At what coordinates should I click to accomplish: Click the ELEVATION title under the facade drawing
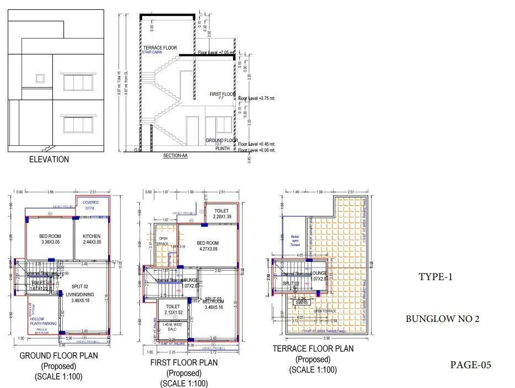click(x=49, y=160)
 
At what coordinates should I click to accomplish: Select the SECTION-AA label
click(x=175, y=156)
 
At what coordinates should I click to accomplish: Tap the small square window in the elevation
click(x=40, y=78)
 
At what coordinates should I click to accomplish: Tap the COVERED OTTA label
click(x=91, y=205)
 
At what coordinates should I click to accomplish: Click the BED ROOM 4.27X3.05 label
click(x=208, y=245)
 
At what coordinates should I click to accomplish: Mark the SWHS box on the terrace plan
click(x=301, y=302)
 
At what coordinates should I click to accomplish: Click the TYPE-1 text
click(x=435, y=277)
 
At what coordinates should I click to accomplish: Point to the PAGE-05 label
click(x=470, y=364)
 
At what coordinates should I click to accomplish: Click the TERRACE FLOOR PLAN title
click(x=313, y=349)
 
